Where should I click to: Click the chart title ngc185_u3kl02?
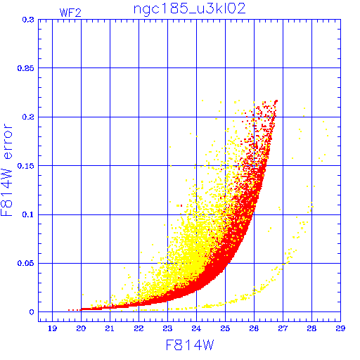pos(189,9)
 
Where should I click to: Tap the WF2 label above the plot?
pos(70,13)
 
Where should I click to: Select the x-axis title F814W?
pos(190,345)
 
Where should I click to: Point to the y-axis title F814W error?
pos(6,169)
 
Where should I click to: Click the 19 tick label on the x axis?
pos(52,328)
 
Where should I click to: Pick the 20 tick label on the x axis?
pos(81,328)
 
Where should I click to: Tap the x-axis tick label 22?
pos(139,328)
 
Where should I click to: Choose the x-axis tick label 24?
pos(196,328)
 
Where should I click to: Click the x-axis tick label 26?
pos(254,328)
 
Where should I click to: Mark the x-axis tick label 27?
pos(283,328)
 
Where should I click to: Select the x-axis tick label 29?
pos(340,328)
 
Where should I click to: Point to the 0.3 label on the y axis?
pos(28,20)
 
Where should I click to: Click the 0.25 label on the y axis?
pos(26,68)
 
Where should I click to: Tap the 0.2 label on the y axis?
pos(28,117)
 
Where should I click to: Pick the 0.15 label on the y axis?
pos(26,166)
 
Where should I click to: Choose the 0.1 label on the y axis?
pos(28,214)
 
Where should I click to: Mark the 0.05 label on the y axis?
pos(26,263)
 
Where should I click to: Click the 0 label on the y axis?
pos(32,312)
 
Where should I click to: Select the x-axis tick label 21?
pos(110,328)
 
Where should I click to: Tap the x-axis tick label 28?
pos(311,328)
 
